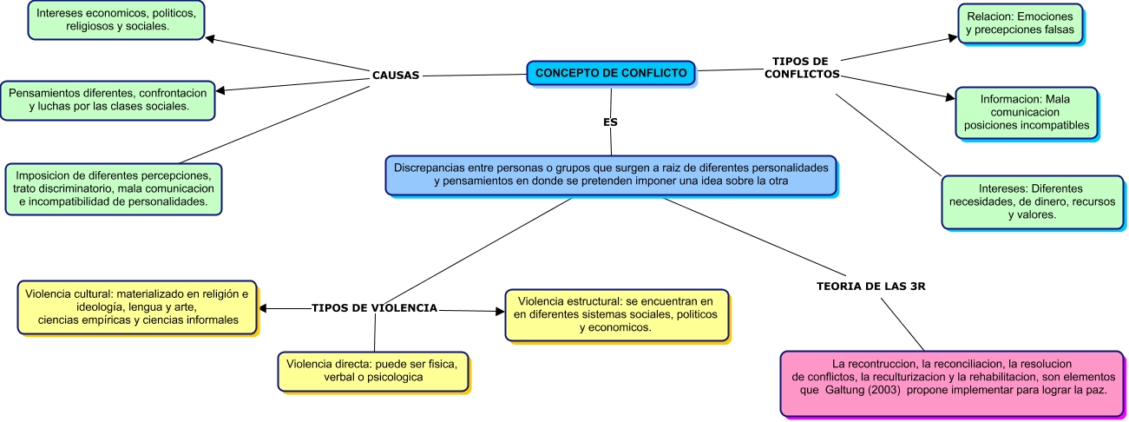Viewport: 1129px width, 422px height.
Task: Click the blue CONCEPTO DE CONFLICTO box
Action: pyautogui.click(x=611, y=73)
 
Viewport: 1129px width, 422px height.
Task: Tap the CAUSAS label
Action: pyautogui.click(x=396, y=75)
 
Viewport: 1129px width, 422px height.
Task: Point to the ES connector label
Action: pyautogui.click(x=610, y=122)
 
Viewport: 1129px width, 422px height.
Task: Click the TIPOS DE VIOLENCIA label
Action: pyautogui.click(x=374, y=308)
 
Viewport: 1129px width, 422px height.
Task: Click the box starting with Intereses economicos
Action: pyautogui.click(x=117, y=20)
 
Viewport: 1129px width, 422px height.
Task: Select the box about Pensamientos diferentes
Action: pyautogui.click(x=108, y=99)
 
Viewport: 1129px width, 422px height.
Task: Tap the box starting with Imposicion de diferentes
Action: pyautogui.click(x=113, y=188)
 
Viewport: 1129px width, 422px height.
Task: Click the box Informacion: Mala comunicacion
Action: pyautogui.click(x=1026, y=111)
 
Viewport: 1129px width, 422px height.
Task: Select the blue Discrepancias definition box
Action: pyautogui.click(x=611, y=174)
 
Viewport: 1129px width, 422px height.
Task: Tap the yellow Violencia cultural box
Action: pyautogui.click(x=137, y=307)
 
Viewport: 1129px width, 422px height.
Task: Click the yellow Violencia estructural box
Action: pyautogui.click(x=615, y=314)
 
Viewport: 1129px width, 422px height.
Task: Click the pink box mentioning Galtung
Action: pyautogui.click(x=952, y=383)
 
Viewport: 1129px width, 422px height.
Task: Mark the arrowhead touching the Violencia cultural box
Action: pyautogui.click(x=264, y=308)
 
